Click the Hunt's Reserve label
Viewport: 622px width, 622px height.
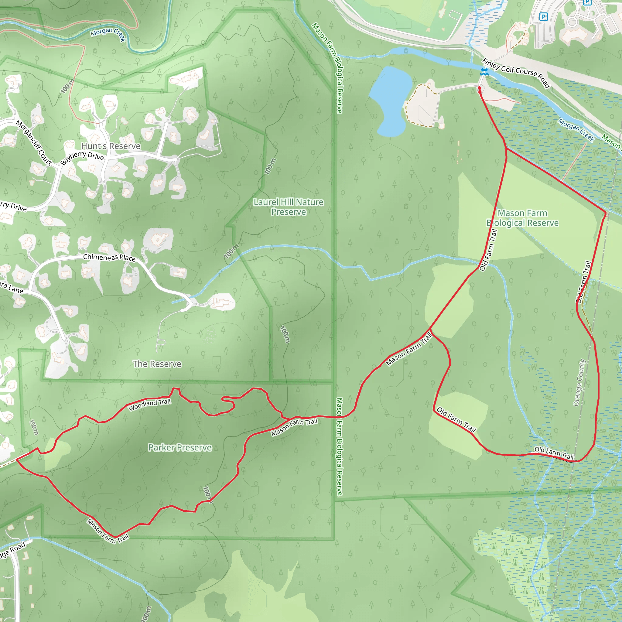pyautogui.click(x=111, y=146)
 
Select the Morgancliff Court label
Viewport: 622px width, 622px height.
pyautogui.click(x=34, y=143)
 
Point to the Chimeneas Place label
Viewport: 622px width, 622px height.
pyautogui.click(x=109, y=258)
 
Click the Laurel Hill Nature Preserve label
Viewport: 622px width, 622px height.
pyautogui.click(x=289, y=207)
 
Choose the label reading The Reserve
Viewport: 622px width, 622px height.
pyautogui.click(x=157, y=364)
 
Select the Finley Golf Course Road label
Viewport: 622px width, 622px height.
pyautogui.click(x=516, y=73)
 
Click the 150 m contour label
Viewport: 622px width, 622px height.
pyautogui.click(x=34, y=427)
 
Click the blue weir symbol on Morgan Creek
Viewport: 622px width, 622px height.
pyautogui.click(x=484, y=72)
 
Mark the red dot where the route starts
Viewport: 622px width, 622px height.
pyautogui.click(x=479, y=88)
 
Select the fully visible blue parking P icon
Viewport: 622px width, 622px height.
pyautogui.click(x=543, y=16)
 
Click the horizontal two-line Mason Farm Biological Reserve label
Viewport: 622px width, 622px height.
pyautogui.click(x=522, y=218)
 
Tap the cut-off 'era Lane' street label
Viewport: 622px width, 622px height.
pyautogui.click(x=11, y=288)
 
